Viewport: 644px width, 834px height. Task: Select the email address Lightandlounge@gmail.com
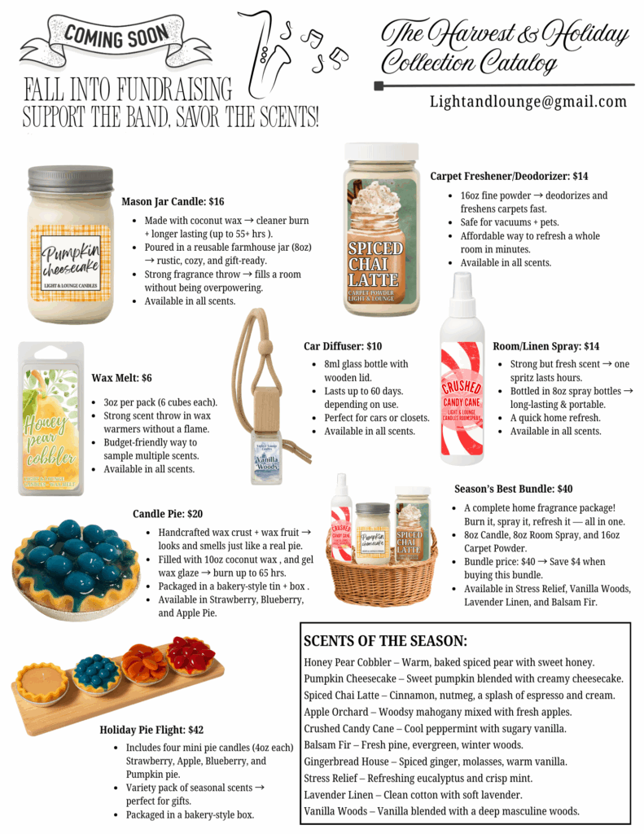[528, 102]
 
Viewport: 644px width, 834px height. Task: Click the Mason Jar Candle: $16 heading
[173, 201]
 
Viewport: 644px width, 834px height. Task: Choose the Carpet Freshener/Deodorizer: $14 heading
[509, 176]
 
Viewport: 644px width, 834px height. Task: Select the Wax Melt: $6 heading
[121, 378]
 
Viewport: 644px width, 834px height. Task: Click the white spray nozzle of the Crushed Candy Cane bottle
[461, 288]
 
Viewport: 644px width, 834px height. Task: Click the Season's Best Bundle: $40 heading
[513, 489]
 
